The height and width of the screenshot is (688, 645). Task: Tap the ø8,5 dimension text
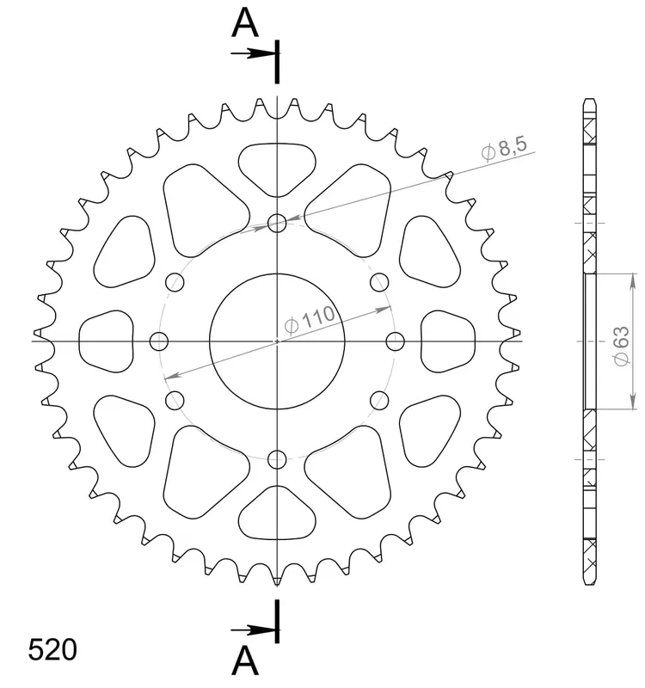coord(505,149)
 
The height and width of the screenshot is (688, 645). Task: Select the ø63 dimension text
coord(621,346)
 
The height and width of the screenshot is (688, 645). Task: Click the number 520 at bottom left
coord(52,650)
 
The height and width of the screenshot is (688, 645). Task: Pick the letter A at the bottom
coord(245,660)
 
